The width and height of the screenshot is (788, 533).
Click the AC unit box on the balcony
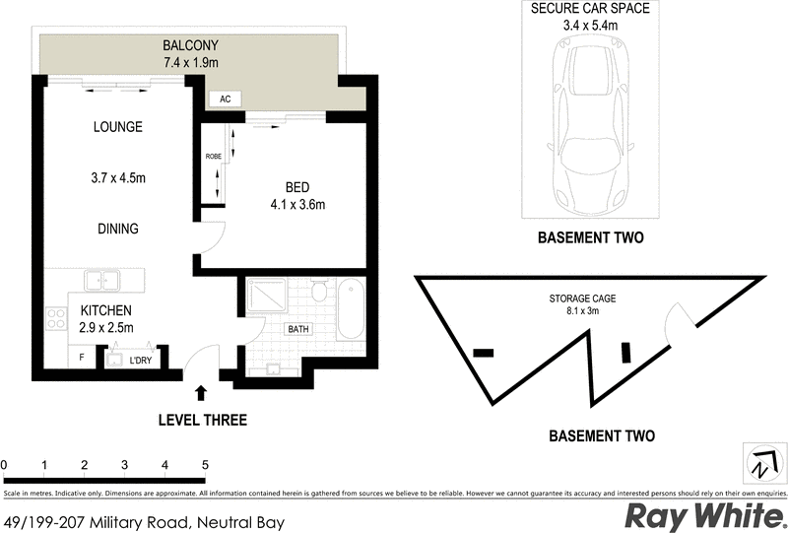224,99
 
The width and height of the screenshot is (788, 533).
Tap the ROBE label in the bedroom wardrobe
212,157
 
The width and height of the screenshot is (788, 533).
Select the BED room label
298,187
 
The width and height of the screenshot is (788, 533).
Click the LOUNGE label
118,127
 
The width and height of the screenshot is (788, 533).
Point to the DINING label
117,229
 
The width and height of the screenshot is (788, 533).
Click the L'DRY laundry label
140,362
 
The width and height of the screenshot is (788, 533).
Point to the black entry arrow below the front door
201,392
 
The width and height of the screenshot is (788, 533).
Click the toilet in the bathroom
319,293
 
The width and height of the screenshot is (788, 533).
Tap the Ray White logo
702,515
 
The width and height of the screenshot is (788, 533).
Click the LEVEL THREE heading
202,421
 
